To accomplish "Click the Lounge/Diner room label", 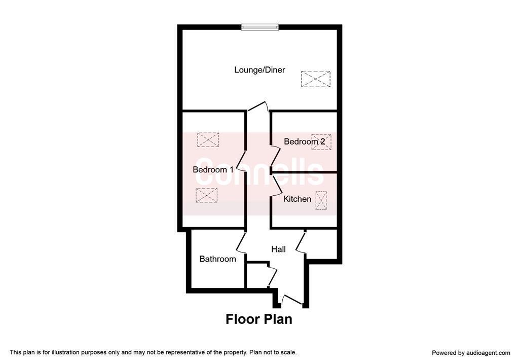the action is (x=259, y=70).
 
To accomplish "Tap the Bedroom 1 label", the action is (x=213, y=169).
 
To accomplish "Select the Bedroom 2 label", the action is (x=304, y=141).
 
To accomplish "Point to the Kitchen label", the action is (x=297, y=199).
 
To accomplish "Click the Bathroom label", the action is (x=217, y=259).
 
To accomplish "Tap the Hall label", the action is (x=278, y=249).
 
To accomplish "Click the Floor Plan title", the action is (x=259, y=319).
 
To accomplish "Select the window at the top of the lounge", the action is (x=260, y=27).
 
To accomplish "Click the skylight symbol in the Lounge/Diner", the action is (x=316, y=79).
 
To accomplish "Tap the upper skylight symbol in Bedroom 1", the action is (x=208, y=140).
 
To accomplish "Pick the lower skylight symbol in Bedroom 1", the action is (x=207, y=195).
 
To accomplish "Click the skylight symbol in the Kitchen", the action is (x=321, y=201).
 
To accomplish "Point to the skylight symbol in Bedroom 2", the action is (x=321, y=142).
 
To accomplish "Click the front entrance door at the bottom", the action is (x=291, y=299).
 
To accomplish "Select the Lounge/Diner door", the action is (x=258, y=106).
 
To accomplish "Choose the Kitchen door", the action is (x=277, y=186).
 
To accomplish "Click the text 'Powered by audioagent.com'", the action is (x=471, y=353).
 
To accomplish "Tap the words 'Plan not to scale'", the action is (x=273, y=352).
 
